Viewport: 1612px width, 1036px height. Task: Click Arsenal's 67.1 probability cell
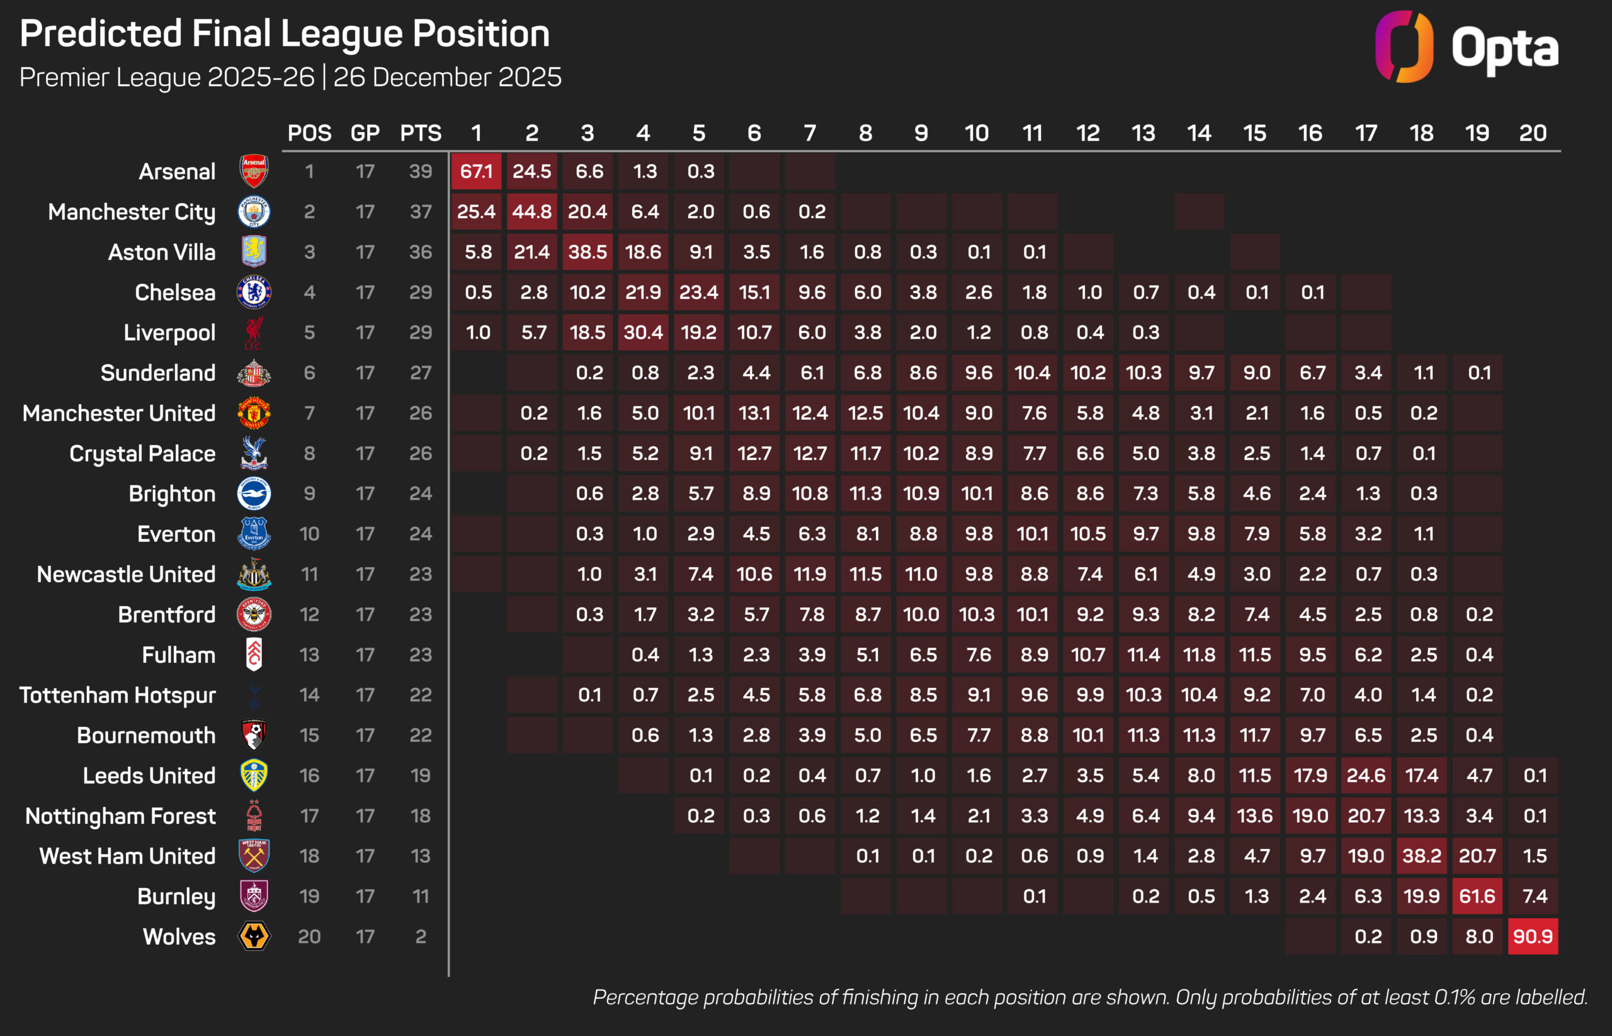click(476, 172)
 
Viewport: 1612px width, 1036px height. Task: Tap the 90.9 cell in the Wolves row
click(1533, 937)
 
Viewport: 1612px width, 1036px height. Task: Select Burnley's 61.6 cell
click(1477, 896)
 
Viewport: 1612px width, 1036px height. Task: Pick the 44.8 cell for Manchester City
click(531, 212)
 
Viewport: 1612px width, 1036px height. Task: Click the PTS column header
click(421, 133)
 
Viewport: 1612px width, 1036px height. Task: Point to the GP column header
click(365, 133)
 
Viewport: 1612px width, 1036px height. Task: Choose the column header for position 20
click(1533, 133)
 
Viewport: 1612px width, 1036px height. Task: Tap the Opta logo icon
click(1404, 47)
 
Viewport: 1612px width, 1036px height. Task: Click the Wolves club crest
click(254, 937)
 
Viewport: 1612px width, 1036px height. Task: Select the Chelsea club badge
click(254, 292)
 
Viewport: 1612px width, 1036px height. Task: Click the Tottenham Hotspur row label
click(118, 695)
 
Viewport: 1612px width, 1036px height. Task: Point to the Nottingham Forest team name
click(120, 816)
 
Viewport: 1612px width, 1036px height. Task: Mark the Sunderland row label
click(158, 373)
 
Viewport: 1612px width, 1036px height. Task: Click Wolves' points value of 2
click(421, 937)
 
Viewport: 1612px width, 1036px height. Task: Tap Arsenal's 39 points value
click(421, 172)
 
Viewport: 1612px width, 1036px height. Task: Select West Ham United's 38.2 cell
click(1422, 856)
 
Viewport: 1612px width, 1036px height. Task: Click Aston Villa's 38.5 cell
click(587, 252)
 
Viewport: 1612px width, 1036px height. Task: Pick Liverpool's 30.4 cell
click(643, 332)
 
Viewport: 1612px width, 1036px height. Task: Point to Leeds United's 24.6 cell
click(1366, 775)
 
